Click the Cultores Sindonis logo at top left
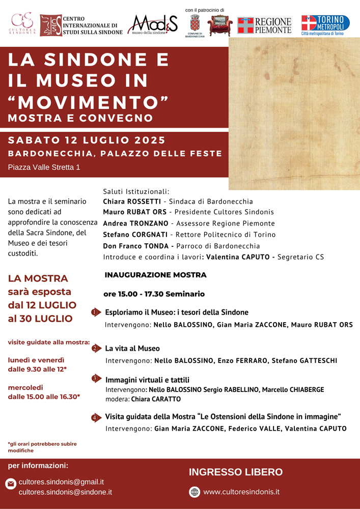22,22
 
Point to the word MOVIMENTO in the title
89,102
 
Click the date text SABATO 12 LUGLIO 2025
87,140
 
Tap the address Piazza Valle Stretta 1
44,167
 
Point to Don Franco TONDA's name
135,246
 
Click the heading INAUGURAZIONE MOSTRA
155,275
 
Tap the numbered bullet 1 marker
95,313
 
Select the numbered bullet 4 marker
95,418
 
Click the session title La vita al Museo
132,349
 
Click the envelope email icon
10,484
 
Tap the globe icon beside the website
195,492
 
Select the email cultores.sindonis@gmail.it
61,482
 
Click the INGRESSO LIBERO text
236,472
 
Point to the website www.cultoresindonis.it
241,492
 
